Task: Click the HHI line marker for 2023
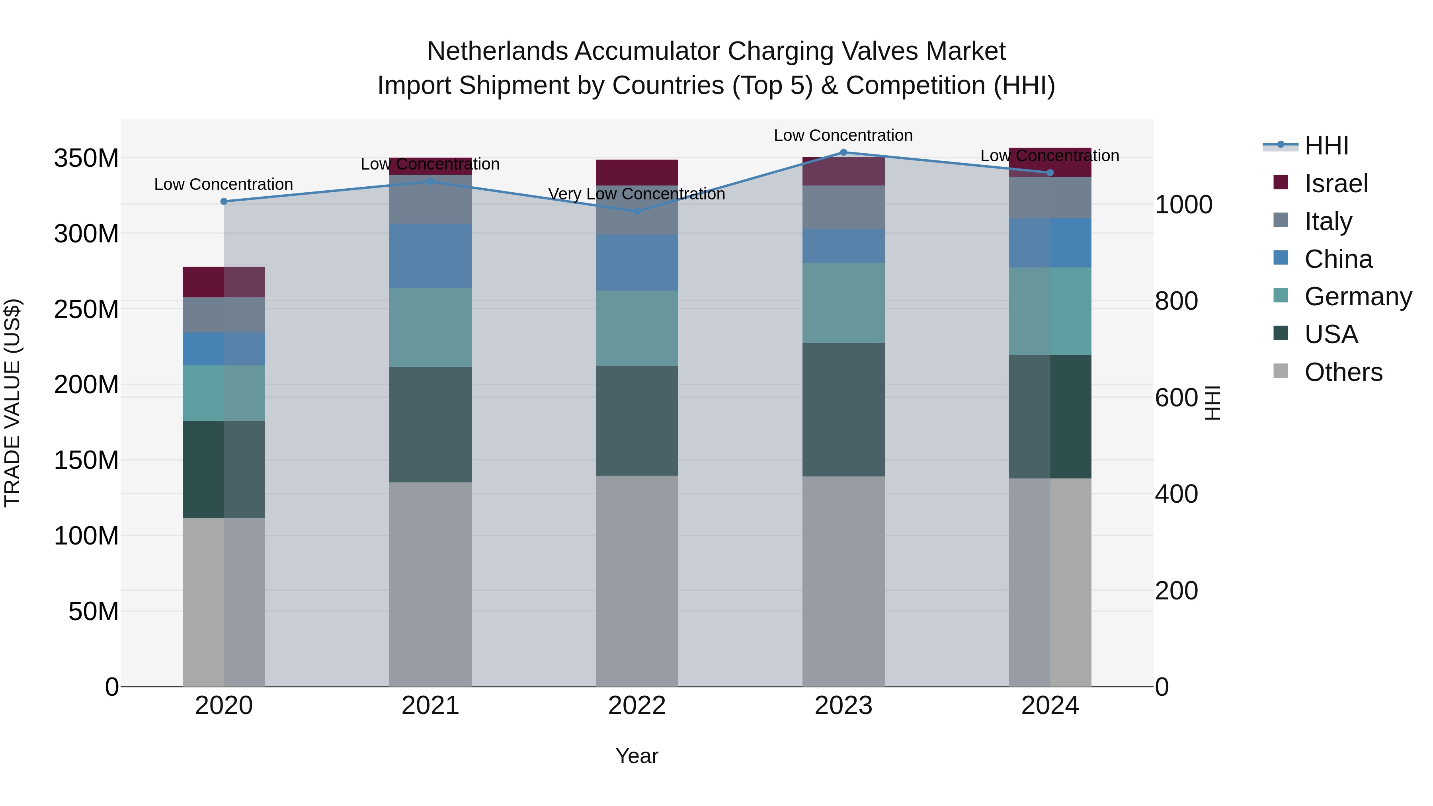[843, 152]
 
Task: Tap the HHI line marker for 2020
[224, 201]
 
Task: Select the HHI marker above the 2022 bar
[637, 211]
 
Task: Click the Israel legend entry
[1335, 183]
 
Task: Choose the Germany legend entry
[1357, 297]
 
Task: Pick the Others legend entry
[1343, 372]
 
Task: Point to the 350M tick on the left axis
[86, 158]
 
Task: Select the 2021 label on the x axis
[430, 706]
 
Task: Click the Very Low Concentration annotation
[636, 194]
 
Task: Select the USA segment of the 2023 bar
[843, 410]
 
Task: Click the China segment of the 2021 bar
[430, 256]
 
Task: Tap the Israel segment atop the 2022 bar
[637, 172]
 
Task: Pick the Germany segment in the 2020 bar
[224, 393]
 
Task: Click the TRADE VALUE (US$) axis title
[12, 403]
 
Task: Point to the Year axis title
[636, 756]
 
